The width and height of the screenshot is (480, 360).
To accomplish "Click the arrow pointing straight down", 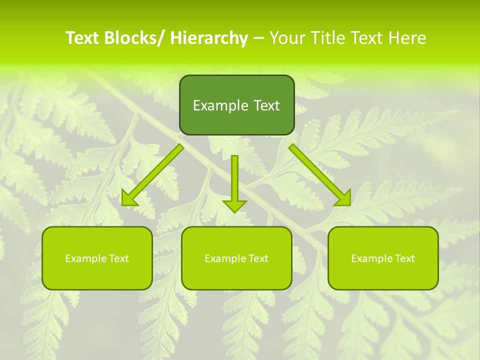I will point(234,180).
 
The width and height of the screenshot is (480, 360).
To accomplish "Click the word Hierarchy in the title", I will point(209,38).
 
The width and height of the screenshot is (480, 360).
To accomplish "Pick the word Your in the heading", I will point(287,38).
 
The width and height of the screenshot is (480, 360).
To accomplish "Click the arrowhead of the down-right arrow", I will point(344,198).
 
